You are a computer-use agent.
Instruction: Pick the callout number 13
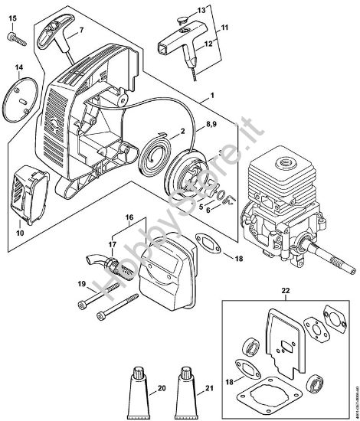201,9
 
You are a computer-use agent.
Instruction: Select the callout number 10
19,230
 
